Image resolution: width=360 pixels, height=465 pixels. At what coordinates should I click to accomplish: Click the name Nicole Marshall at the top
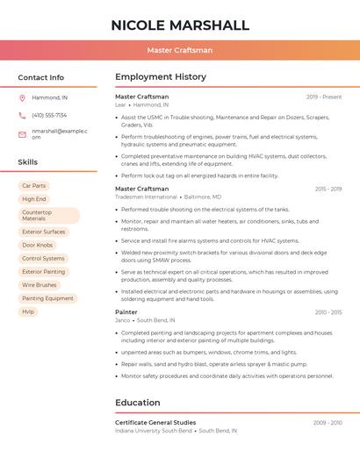click(x=180, y=25)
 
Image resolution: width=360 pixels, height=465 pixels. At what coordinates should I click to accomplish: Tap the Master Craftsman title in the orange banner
click(x=180, y=50)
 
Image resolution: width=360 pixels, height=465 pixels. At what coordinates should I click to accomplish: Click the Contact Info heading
click(x=41, y=77)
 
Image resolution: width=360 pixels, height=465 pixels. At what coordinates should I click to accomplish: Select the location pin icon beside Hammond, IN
click(x=22, y=97)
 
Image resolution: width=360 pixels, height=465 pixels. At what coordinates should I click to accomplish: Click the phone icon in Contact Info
click(x=22, y=115)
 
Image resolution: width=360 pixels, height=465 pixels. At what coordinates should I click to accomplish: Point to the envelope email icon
click(x=22, y=133)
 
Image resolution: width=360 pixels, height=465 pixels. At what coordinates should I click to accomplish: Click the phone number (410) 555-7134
click(x=49, y=115)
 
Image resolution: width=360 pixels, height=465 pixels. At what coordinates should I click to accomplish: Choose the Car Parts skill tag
click(x=33, y=186)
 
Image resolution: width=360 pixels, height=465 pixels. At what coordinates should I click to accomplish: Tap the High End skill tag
click(x=33, y=199)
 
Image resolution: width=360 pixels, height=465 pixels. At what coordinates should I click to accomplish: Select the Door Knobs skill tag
click(x=38, y=245)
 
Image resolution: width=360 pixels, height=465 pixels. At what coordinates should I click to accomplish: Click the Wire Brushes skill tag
click(x=40, y=285)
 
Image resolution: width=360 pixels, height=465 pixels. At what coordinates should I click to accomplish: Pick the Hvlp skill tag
click(x=29, y=311)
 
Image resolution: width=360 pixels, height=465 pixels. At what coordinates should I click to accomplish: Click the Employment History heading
click(x=161, y=77)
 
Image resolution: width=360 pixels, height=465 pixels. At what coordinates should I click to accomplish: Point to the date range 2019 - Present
click(x=324, y=97)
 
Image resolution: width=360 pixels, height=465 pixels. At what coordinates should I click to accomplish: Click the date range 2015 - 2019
click(x=328, y=189)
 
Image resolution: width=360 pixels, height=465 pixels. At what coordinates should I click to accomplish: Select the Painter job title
click(x=126, y=312)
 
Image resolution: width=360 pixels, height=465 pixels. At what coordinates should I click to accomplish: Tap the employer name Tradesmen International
click(x=146, y=197)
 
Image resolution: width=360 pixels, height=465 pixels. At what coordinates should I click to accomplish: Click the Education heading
click(x=138, y=403)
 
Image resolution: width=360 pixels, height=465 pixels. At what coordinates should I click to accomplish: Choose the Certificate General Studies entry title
click(x=155, y=423)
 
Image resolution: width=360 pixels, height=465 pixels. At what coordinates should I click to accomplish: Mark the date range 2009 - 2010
click(x=328, y=423)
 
